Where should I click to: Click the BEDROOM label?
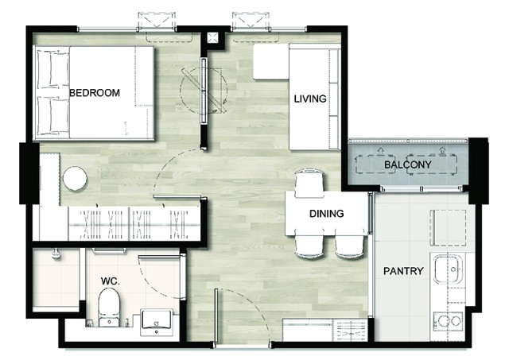tap(95, 93)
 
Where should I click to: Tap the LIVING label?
tap(310, 99)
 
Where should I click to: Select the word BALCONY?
tap(408, 165)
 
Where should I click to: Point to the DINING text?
tap(327, 214)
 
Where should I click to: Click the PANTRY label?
tap(403, 271)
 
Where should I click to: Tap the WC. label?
tap(111, 281)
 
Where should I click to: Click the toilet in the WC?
tap(109, 307)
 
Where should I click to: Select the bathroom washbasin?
tap(157, 323)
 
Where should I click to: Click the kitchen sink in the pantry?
tap(448, 269)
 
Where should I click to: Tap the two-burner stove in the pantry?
tap(449, 321)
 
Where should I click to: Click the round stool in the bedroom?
tap(75, 178)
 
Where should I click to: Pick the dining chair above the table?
tap(309, 184)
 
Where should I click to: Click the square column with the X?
tap(213, 38)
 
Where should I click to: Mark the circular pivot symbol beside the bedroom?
tap(204, 90)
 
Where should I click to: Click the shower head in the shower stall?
tap(56, 254)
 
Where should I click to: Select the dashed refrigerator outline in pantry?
tap(448, 227)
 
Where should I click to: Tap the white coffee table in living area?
tap(271, 62)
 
